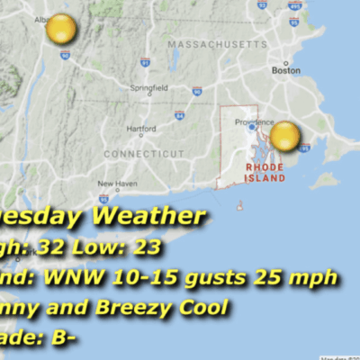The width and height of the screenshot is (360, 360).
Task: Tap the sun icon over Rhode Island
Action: (283, 137)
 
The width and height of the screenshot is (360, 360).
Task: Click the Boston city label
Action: (286, 69)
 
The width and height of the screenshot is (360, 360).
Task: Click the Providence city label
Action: (254, 121)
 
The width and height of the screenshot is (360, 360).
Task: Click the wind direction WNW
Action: (83, 277)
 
